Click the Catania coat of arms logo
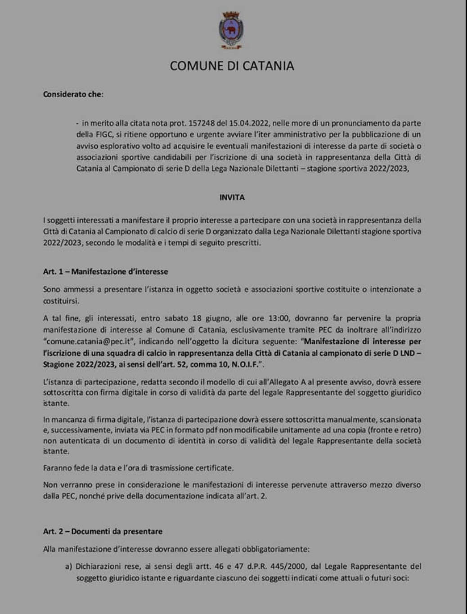(231, 30)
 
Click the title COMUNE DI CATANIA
(232, 66)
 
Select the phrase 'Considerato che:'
(73, 94)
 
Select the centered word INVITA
(232, 197)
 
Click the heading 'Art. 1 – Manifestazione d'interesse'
(105, 271)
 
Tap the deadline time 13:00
(278, 318)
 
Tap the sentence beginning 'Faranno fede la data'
(138, 468)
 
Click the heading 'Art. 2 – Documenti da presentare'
(103, 531)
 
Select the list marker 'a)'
(68, 566)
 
